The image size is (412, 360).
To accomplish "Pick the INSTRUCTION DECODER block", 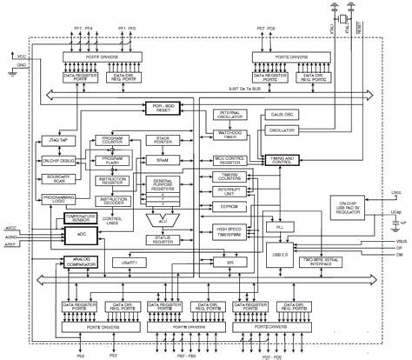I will coord(116,202).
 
